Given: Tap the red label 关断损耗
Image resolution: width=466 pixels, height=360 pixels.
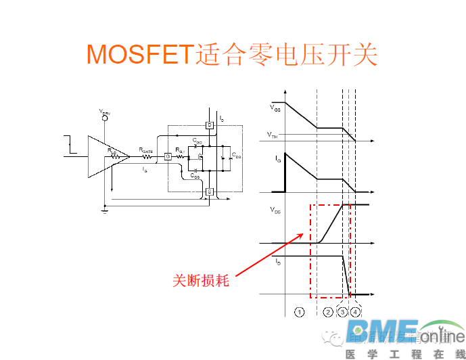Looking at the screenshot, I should (201, 280).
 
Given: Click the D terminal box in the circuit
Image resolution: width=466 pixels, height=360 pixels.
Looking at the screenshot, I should (209, 125).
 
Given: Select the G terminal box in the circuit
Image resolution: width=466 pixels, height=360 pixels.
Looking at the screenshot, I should (168, 156).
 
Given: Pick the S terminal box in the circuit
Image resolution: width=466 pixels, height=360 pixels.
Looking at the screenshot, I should (209, 192).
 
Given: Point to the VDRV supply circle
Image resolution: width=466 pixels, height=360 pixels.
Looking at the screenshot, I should (105, 117).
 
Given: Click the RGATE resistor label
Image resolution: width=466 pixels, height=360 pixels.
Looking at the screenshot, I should (146, 150).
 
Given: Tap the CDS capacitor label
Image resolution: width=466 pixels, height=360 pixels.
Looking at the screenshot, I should (236, 156).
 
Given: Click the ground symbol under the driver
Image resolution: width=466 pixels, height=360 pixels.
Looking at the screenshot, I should (105, 210).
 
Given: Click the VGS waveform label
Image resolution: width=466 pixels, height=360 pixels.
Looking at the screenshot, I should (275, 108).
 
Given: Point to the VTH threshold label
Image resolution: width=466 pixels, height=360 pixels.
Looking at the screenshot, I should (272, 135).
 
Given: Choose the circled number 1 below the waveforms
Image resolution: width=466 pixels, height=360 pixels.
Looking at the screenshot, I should (300, 312).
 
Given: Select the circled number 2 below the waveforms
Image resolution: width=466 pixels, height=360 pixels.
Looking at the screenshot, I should (328, 312).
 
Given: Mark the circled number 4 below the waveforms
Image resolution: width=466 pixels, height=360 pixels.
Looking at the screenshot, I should (356, 312).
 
